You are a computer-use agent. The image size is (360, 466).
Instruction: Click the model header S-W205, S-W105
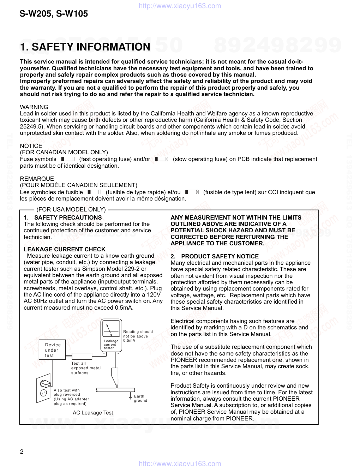coord(54,14)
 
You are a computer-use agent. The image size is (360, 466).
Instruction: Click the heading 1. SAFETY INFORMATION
coord(85,47)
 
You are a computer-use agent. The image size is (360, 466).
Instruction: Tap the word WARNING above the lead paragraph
coord(34,107)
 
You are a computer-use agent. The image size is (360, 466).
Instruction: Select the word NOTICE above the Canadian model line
coord(31,146)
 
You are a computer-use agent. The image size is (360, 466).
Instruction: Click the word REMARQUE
coord(37,179)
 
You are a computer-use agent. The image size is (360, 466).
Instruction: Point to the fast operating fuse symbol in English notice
coord(68,159)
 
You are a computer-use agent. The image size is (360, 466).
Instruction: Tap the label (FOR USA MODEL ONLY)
coord(71,210)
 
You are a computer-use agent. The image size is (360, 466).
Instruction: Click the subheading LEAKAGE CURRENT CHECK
coord(65,250)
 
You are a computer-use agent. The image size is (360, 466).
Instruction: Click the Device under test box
coord(53,350)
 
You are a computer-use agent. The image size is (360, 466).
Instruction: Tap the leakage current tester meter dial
coord(111,329)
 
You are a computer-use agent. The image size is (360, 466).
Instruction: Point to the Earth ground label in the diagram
coord(140,398)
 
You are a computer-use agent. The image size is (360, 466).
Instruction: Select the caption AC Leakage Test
coord(93,413)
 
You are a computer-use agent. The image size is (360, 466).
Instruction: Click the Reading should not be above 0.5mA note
coord(138,336)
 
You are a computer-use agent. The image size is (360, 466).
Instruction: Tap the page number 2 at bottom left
coord(22,452)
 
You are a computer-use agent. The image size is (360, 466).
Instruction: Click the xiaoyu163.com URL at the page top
coord(180,6)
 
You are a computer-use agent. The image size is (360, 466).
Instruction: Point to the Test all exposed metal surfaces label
coord(86,368)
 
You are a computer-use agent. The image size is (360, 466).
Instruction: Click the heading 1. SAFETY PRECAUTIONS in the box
coord(63,217)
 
